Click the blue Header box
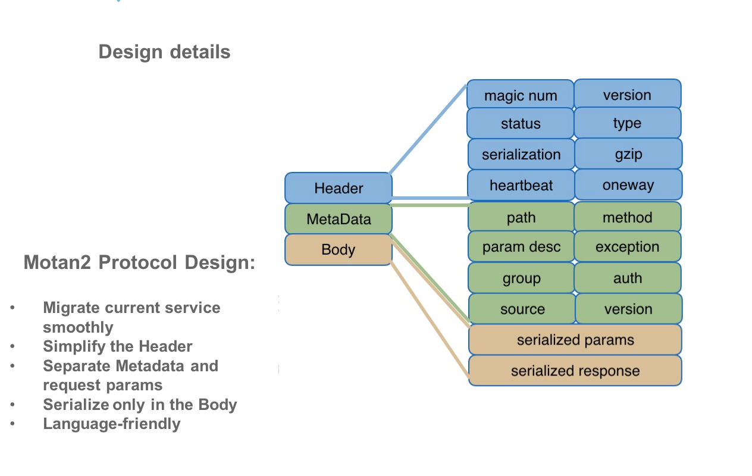(x=339, y=188)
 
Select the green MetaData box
(x=339, y=219)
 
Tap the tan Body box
(x=339, y=249)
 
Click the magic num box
(x=521, y=95)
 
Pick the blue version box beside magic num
(x=627, y=95)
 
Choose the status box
(x=521, y=124)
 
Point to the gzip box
(x=628, y=154)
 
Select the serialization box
(x=521, y=155)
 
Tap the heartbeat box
(x=521, y=185)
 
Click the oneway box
(x=628, y=185)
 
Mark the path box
(x=521, y=218)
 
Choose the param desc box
(x=521, y=247)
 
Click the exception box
(x=628, y=247)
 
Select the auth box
(x=628, y=278)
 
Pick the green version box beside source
(x=628, y=309)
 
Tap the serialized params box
(x=575, y=340)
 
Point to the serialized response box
(x=575, y=371)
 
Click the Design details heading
(x=164, y=52)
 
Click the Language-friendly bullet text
(x=112, y=424)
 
